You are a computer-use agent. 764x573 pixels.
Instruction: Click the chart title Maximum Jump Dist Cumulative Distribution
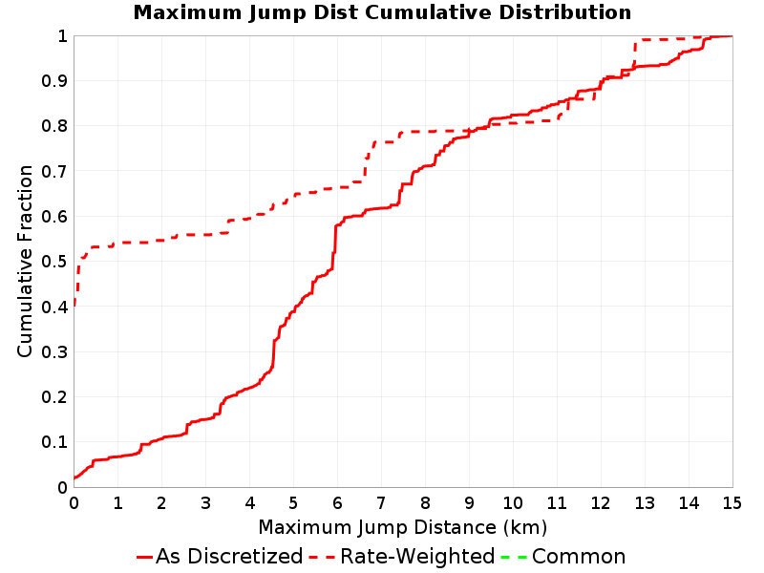382,12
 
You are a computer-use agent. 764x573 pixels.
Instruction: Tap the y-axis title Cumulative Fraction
25,261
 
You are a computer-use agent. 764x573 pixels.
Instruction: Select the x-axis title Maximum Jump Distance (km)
402,527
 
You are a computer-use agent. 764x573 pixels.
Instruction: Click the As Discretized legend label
229,557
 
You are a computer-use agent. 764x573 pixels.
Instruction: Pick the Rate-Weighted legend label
417,557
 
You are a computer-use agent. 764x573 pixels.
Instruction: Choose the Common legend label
579,557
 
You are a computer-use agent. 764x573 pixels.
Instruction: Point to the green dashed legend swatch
514,557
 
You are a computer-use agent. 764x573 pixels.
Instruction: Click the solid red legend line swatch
145,557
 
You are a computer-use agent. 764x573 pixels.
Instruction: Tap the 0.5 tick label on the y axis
54,262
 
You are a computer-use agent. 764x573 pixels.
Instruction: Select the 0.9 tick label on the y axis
54,81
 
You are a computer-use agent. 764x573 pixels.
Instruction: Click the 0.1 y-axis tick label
54,442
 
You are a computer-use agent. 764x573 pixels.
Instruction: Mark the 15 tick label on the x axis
732,503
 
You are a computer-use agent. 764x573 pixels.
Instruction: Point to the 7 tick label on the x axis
381,503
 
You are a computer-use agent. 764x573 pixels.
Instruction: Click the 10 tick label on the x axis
513,503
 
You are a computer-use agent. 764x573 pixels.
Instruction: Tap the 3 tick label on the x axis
205,503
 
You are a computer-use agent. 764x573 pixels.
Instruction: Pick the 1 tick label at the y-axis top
62,36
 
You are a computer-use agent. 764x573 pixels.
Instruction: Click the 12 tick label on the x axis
601,503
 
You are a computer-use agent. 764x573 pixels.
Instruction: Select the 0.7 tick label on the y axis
54,172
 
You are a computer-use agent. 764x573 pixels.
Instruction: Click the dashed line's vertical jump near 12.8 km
634,53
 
